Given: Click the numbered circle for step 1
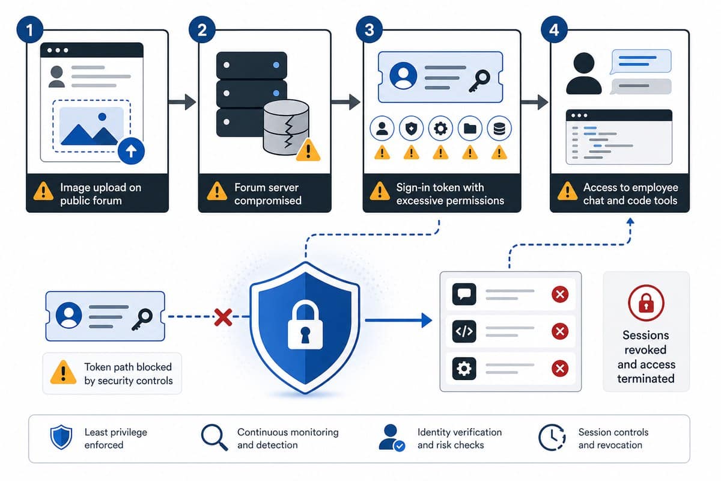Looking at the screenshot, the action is click(29, 29).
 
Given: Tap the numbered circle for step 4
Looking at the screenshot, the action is click(554, 29).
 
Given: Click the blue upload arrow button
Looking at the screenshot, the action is click(131, 151).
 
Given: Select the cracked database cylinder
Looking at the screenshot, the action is click(286, 127).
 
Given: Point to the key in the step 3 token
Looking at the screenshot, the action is click(479, 81).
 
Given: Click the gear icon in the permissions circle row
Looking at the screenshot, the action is click(440, 129).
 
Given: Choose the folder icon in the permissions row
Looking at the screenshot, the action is click(470, 129).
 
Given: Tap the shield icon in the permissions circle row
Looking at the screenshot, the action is click(411, 129).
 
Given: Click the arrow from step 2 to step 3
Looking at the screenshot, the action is click(345, 102).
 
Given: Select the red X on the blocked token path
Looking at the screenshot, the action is click(223, 317).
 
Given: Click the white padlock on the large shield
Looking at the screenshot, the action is click(305, 325).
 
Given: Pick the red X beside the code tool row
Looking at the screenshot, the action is click(560, 331).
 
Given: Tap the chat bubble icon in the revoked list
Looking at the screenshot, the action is click(464, 294).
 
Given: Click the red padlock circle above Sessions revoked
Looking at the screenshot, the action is click(646, 303).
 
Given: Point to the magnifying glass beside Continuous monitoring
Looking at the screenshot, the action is click(214, 437).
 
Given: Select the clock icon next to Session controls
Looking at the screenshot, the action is click(552, 437).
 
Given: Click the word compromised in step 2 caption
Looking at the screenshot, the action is click(268, 201).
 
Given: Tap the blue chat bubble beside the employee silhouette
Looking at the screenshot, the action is click(640, 61).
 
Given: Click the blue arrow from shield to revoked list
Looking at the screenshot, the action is click(398, 320).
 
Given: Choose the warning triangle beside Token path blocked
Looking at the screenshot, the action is click(64, 372).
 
